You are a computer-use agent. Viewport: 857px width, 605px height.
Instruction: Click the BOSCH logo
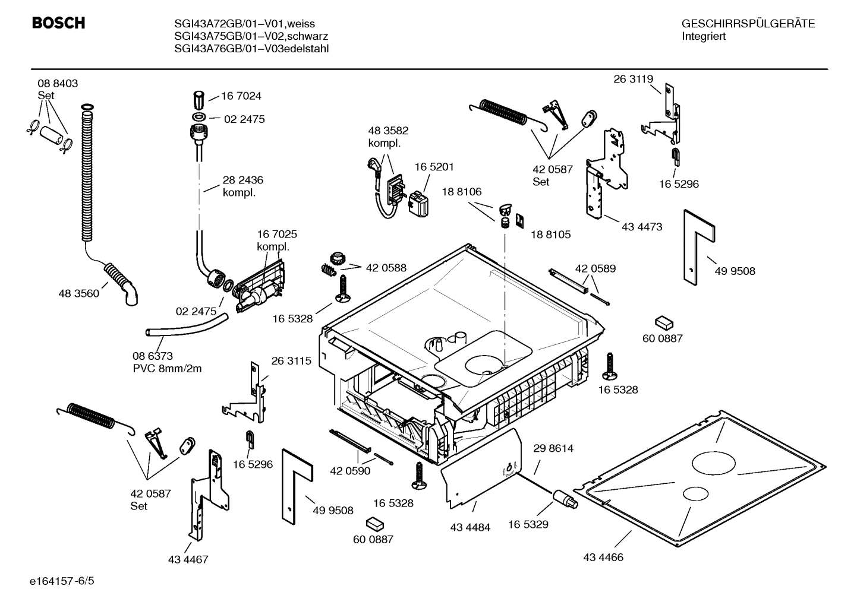(58, 23)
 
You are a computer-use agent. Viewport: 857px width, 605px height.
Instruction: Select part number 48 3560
(78, 293)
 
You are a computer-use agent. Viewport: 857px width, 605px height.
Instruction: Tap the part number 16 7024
(241, 96)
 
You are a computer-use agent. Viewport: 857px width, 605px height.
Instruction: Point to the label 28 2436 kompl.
(242, 186)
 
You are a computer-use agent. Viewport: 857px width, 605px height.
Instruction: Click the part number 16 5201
(434, 167)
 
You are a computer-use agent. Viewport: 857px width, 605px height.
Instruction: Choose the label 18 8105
(550, 235)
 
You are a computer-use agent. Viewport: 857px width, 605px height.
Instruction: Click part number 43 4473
(642, 227)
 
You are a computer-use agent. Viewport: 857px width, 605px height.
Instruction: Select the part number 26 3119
(633, 79)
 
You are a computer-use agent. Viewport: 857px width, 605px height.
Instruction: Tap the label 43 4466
(603, 558)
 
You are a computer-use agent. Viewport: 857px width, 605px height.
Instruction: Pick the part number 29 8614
(553, 448)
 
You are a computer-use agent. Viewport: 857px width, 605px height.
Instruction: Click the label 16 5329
(528, 524)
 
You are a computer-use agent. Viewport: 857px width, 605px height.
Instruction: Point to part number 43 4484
(470, 527)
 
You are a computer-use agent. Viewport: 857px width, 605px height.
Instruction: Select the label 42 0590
(350, 471)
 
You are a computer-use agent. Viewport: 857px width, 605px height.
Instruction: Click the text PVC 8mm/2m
(167, 369)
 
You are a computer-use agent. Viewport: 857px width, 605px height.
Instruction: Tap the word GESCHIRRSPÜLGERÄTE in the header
(748, 24)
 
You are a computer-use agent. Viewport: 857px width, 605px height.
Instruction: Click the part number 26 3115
(291, 361)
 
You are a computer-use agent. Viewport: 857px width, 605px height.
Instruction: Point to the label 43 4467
(188, 559)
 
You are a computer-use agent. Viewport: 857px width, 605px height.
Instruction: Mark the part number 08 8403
(58, 84)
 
